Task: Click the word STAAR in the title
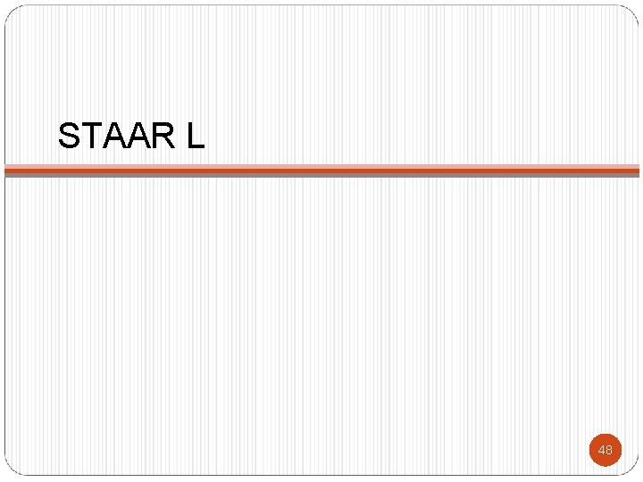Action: pos(115,136)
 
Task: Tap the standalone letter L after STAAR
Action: pos(196,136)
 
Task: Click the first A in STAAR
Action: pos(113,136)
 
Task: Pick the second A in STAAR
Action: pos(137,136)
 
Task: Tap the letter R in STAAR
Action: pos(161,136)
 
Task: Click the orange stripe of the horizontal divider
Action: pos(321,168)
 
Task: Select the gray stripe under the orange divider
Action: pos(321,174)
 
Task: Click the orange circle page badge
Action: pos(605,450)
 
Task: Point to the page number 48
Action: pos(605,450)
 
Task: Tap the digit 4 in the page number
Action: pos(601,450)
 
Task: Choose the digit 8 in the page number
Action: pos(609,450)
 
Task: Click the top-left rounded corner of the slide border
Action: pos(10,11)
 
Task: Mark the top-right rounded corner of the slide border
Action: pos(633,11)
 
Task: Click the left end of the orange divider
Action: pos(7,168)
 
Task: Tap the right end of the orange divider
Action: pos(637,168)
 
